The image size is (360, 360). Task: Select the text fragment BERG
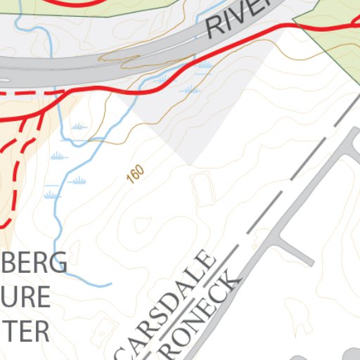[x=35, y=263]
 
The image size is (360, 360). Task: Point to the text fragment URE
[x=28, y=297]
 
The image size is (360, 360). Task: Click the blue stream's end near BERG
[x=110, y=285]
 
